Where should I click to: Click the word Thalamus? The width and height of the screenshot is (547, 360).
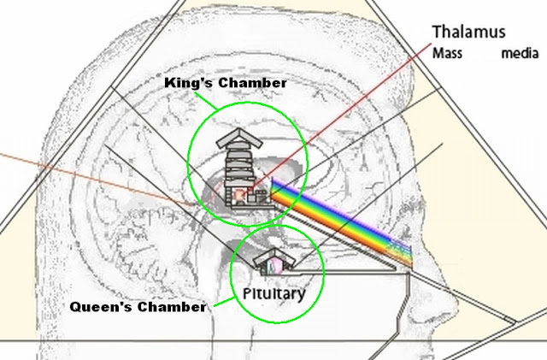[469, 32]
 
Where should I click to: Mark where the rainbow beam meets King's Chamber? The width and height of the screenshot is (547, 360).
[274, 192]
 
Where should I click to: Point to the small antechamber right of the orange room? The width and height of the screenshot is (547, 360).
[261, 198]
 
